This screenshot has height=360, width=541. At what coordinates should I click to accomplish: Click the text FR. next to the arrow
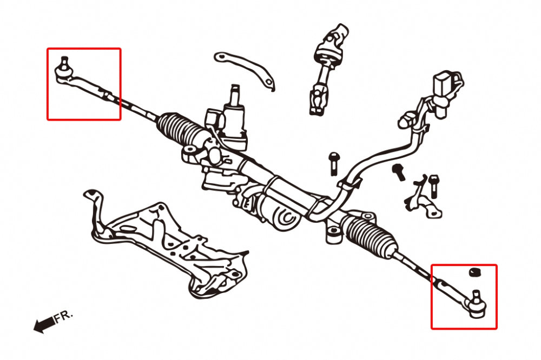[x=64, y=317]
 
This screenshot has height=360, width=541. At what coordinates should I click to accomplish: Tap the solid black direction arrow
[x=43, y=324]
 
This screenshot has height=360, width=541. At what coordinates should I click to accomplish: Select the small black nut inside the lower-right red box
[x=474, y=272]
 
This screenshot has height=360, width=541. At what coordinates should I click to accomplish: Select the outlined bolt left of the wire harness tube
[x=333, y=163]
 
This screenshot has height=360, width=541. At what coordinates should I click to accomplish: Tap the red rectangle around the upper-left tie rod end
[x=84, y=49]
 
